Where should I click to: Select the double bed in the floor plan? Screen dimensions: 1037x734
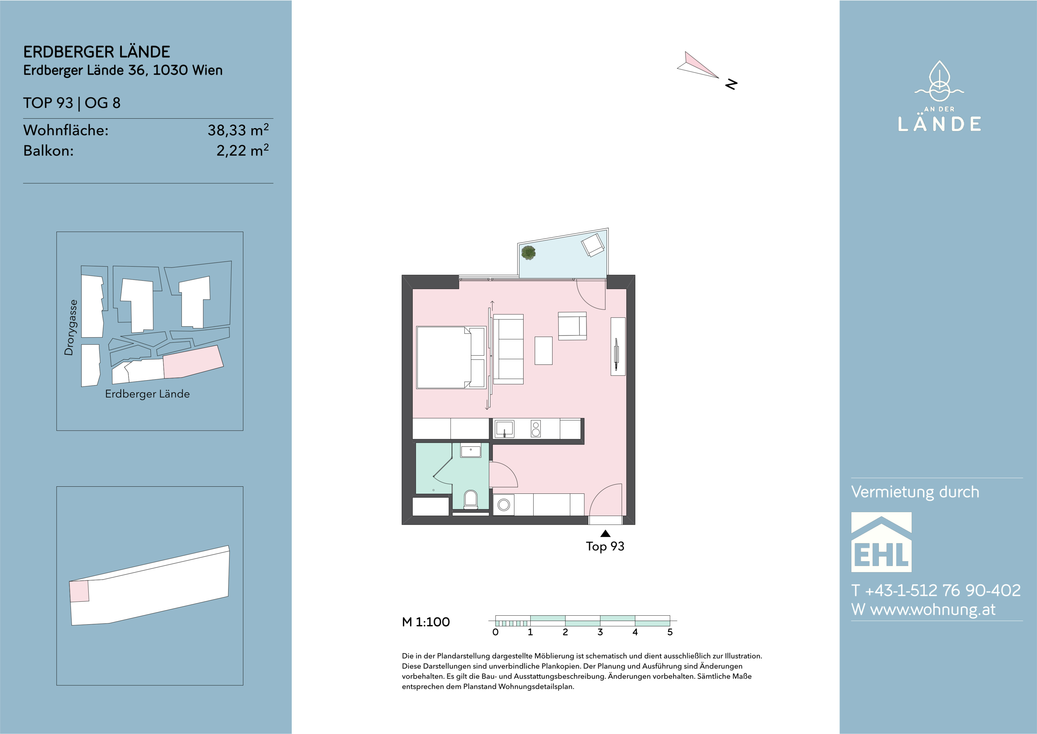(x=450, y=357)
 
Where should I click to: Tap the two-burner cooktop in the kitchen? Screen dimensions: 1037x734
(x=536, y=429)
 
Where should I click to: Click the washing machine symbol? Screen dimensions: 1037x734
(x=504, y=505)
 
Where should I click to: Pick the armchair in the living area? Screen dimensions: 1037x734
(x=572, y=326)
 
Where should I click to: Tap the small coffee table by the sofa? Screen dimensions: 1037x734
(x=543, y=350)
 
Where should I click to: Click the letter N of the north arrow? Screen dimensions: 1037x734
(x=731, y=84)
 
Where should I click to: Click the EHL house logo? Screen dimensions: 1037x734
(x=881, y=542)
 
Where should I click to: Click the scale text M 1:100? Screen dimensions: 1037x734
(x=425, y=622)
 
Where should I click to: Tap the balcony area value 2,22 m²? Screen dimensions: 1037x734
(x=243, y=150)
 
